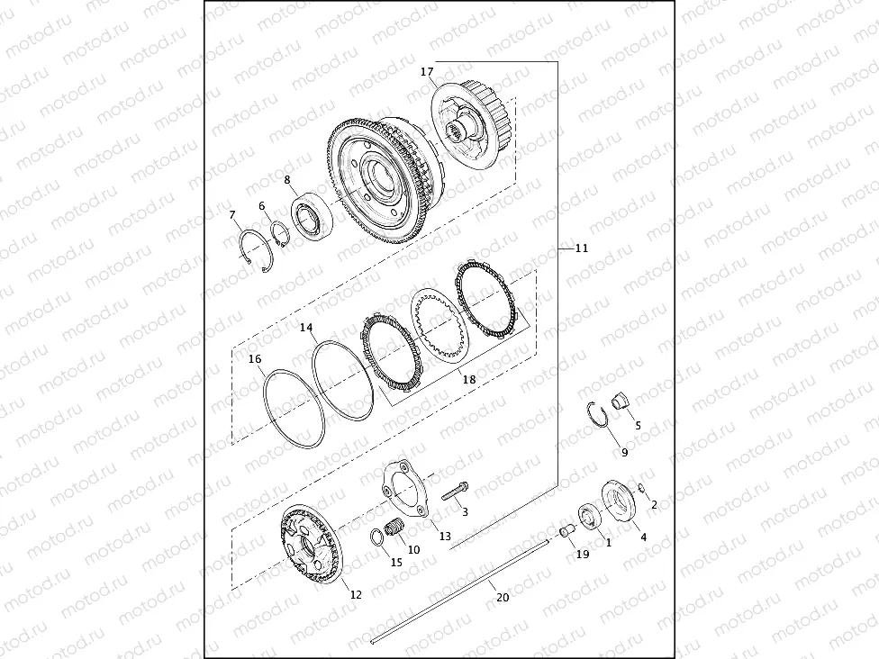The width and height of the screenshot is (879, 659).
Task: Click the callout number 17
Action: [427, 71]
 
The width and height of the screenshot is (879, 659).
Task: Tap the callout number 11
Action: [581, 248]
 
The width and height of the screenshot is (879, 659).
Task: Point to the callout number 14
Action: [307, 329]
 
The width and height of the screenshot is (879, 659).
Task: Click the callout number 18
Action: [468, 380]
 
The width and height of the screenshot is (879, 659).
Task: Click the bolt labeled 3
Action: [453, 492]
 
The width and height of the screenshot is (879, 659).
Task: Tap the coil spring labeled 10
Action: [394, 528]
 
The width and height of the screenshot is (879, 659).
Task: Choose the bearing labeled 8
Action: [312, 221]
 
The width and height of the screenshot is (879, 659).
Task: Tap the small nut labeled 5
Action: [621, 402]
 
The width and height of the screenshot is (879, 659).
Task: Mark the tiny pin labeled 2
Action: [640, 489]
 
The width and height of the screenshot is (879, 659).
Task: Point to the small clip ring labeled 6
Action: [278, 237]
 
